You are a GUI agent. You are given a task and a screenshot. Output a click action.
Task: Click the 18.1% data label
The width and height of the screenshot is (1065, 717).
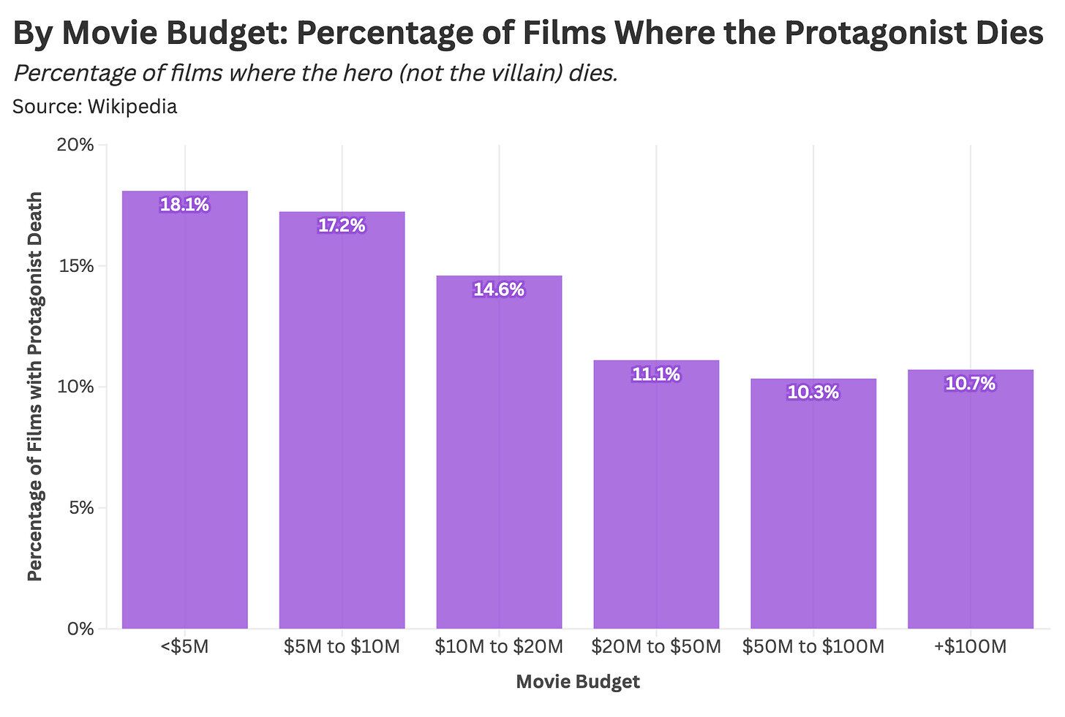tap(185, 205)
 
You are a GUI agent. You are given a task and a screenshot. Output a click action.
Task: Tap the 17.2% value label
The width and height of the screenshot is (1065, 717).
tap(342, 226)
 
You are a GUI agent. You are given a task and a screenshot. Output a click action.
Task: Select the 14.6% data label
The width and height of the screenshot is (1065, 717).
tap(499, 290)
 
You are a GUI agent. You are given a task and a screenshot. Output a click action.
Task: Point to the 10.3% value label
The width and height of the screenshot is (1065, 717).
tap(813, 392)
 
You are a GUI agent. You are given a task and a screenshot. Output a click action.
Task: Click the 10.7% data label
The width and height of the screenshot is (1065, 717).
tap(971, 384)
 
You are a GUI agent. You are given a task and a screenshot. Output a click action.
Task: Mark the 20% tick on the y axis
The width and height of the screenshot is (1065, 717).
tap(76, 145)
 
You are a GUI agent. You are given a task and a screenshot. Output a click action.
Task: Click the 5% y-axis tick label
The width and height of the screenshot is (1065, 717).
tap(81, 507)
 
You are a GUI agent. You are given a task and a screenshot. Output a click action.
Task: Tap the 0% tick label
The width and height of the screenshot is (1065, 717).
tap(81, 629)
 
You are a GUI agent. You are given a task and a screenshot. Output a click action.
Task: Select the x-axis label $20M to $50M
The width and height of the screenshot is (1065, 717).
tap(656, 647)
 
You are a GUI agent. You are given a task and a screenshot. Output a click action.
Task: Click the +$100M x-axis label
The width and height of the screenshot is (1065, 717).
tap(971, 647)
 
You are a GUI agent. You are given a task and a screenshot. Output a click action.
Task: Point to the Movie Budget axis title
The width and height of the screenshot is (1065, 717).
tap(578, 682)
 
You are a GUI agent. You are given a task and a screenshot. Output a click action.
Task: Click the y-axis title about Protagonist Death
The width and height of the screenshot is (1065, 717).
tap(35, 386)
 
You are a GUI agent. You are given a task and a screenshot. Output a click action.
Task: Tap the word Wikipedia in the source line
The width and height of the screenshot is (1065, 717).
tap(132, 107)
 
